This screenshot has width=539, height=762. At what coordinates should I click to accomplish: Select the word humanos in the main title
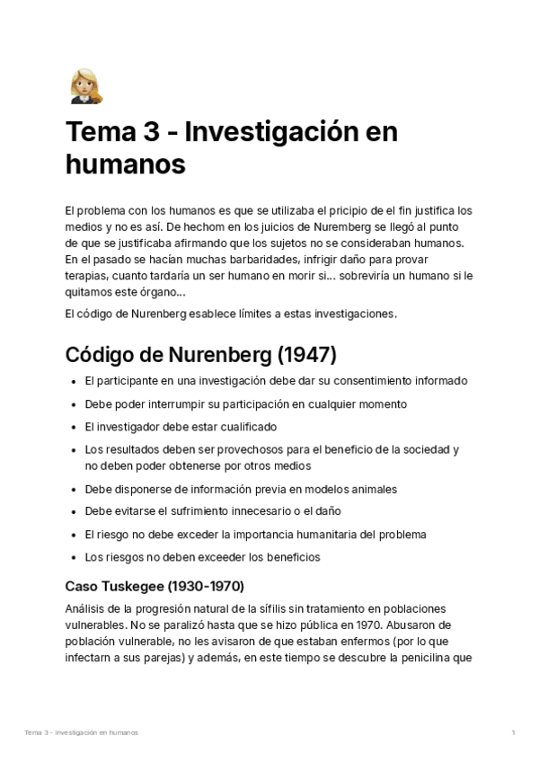click(125, 164)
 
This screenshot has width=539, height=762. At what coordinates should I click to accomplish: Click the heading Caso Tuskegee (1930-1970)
click(155, 586)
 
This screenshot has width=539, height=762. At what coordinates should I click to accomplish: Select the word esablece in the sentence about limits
click(208, 314)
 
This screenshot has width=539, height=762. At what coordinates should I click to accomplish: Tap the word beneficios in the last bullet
click(289, 557)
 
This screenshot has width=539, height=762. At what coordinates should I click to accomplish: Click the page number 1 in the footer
click(513, 733)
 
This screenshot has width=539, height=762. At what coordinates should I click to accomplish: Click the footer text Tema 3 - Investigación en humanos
click(82, 733)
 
